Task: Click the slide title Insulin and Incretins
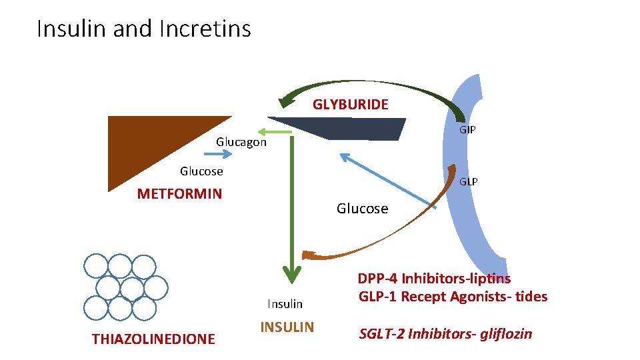[x=144, y=29]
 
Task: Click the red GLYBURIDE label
[x=350, y=105]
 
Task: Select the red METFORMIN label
[x=179, y=193]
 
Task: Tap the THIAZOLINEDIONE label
[x=153, y=339]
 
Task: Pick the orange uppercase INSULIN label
[x=287, y=327]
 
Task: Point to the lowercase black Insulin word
[x=285, y=304]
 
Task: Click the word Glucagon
[x=241, y=142]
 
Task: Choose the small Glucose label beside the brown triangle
[x=201, y=171]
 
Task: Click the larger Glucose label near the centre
[x=363, y=209]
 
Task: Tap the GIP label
[x=467, y=130]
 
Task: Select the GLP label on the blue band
[x=468, y=181]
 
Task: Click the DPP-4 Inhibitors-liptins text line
[x=434, y=279]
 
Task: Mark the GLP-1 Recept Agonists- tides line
[x=453, y=296]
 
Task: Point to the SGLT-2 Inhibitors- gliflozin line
[x=445, y=334]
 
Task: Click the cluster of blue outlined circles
[x=126, y=287]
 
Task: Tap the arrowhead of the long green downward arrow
[x=292, y=275]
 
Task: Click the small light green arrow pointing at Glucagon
[x=275, y=132]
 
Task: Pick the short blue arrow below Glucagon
[x=218, y=154]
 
